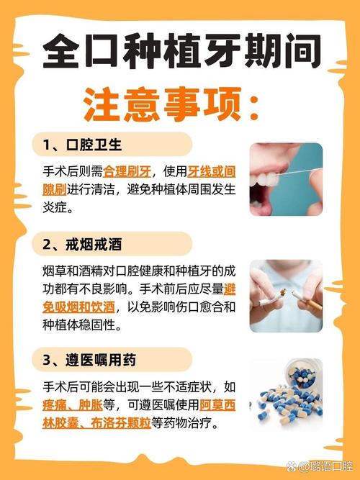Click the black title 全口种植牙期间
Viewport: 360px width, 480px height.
(180, 52)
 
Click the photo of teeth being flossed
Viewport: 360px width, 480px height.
(286, 179)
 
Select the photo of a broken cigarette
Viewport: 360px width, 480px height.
(286, 295)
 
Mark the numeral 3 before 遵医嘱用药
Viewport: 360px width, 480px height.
(47, 359)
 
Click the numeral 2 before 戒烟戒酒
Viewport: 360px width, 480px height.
(47, 244)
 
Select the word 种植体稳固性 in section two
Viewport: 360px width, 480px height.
(81, 325)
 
